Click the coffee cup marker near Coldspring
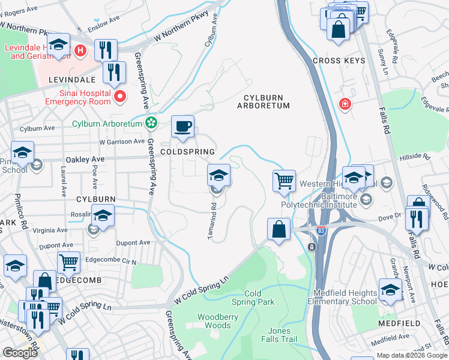pyautogui.click(x=183, y=127)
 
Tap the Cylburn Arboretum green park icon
pyautogui.click(x=151, y=124)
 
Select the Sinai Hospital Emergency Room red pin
pyautogui.click(x=120, y=96)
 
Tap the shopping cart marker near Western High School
pyautogui.click(x=284, y=181)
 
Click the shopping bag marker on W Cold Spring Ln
pyautogui.click(x=279, y=229)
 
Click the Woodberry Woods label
pyautogui.click(x=214, y=321)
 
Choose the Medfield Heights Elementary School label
pyautogui.click(x=345, y=297)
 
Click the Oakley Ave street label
pyautogui.click(x=85, y=160)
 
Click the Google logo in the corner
pyautogui.click(x=20, y=353)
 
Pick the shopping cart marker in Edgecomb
pyautogui.click(x=69, y=262)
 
